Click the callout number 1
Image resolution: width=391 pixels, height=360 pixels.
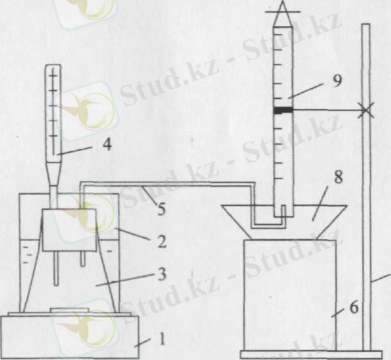click(162, 339)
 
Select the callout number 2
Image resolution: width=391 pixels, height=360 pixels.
click(162, 241)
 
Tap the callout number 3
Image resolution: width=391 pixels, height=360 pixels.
click(162, 274)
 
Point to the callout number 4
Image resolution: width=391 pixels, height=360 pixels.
click(107, 144)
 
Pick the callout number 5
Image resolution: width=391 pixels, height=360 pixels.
click(162, 209)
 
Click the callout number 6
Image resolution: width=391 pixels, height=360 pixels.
click(354, 307)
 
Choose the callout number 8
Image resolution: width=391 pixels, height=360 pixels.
click(338, 177)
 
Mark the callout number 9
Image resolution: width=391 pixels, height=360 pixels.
click(337, 80)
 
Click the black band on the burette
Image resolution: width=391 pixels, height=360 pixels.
click(283, 110)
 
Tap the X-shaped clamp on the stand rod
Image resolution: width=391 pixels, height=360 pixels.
click(365, 110)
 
